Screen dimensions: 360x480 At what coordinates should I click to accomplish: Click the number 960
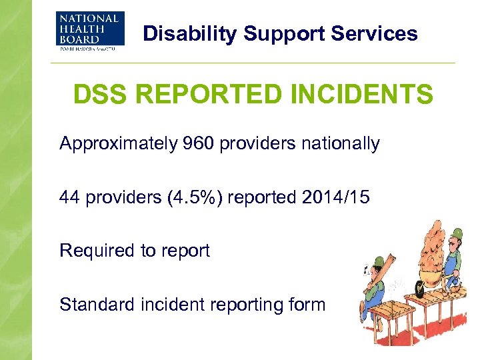pyautogui.click(x=191, y=143)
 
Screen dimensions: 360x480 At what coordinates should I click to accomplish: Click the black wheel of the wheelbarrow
pyautogui.click(x=419, y=287)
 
